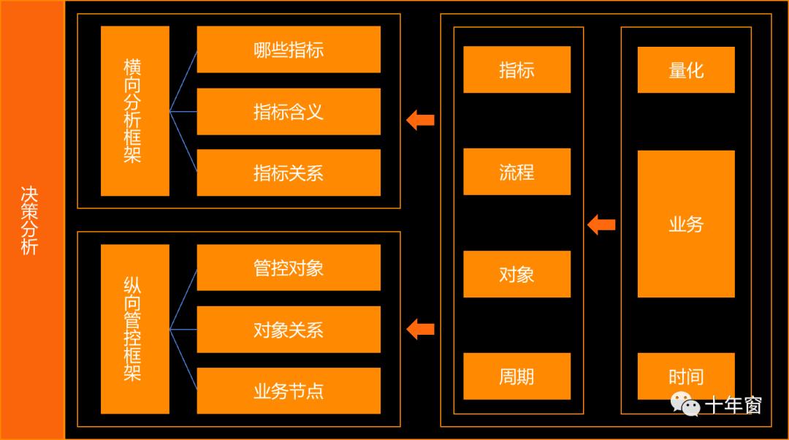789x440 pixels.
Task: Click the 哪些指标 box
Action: coord(289,50)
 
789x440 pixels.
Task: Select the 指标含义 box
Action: coord(289,112)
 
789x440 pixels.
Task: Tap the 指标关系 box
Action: coord(289,172)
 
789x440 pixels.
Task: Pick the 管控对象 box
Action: coord(289,268)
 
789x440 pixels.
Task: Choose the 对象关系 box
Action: coord(289,330)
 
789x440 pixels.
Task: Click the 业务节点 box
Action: coord(289,391)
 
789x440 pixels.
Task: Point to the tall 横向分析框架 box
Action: coord(134,111)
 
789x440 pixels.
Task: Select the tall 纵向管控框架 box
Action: coord(134,329)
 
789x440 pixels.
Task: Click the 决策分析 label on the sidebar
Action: coord(29,220)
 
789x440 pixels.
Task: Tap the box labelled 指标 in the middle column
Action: coord(517,69)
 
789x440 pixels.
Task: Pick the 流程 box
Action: coord(517,172)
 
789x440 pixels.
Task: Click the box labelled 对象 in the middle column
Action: coord(517,274)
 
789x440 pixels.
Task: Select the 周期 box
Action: coord(517,376)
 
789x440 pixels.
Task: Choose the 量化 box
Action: coord(686,70)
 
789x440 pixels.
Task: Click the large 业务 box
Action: coord(686,224)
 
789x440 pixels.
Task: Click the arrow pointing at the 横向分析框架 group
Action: coord(421,119)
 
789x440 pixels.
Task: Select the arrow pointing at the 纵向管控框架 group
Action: coord(421,329)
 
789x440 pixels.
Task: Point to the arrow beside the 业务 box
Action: coord(602,224)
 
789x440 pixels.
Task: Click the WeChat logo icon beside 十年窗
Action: coord(685,403)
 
